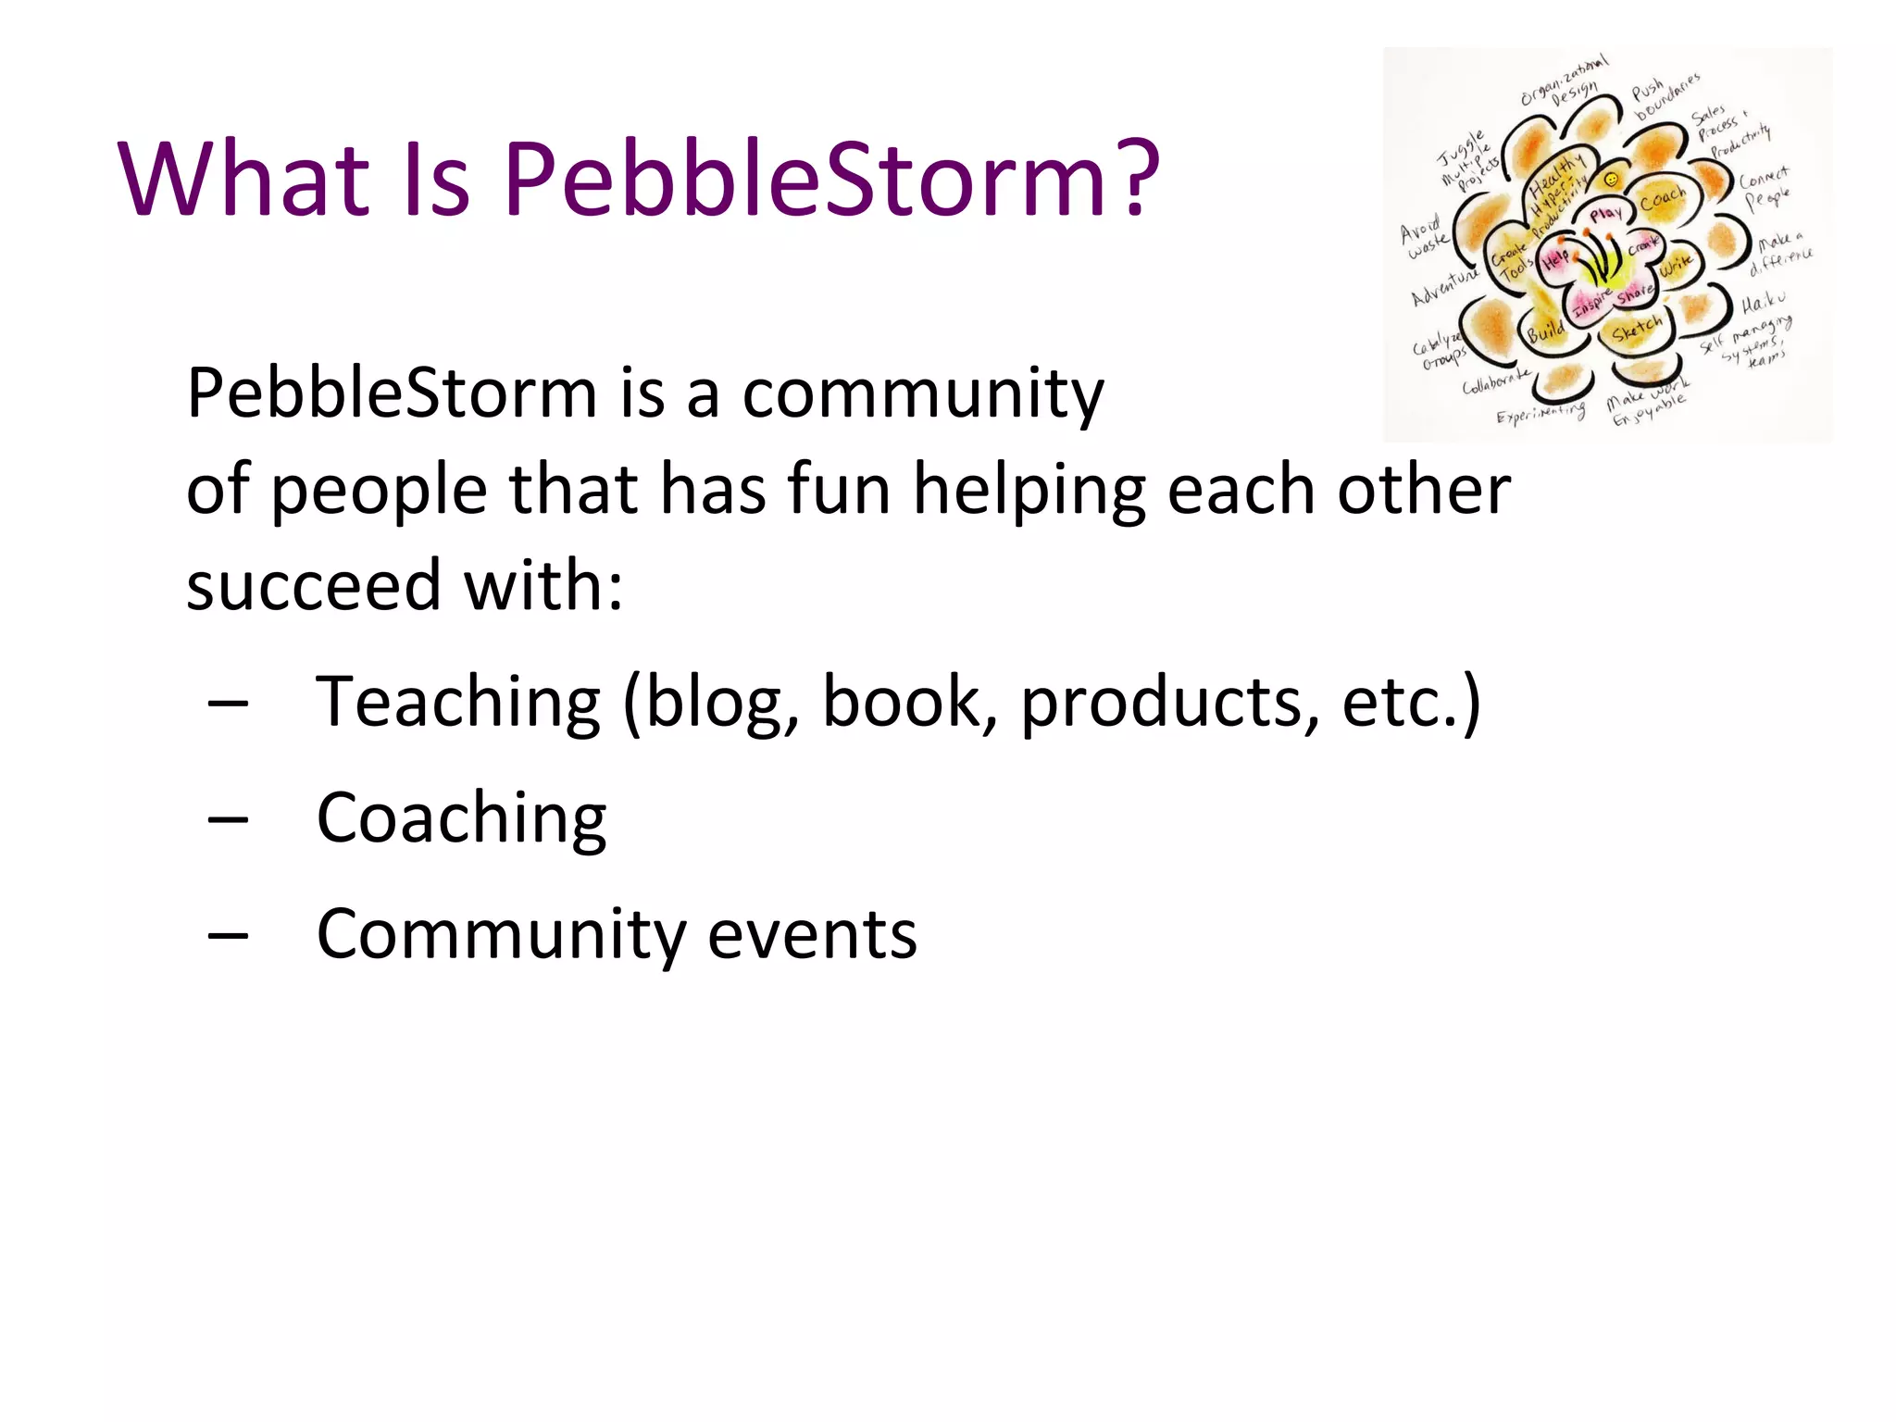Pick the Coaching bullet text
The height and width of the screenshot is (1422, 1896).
461,820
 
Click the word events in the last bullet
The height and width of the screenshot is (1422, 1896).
812,935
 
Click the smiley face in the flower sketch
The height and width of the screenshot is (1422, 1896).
1612,179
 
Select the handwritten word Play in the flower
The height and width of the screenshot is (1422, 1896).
1606,215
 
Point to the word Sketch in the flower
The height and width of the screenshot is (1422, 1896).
1637,329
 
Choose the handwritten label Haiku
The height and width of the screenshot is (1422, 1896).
1763,303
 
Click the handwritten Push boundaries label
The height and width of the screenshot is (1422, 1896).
1665,96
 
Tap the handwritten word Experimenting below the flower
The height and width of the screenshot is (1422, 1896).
1540,413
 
